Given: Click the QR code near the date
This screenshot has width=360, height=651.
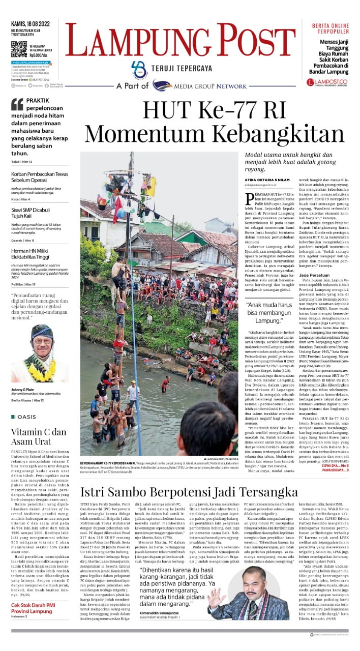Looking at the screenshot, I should point(18,49).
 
